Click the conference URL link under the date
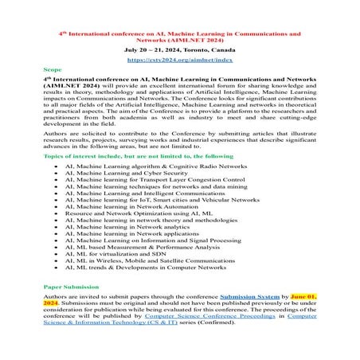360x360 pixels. (x=179, y=60)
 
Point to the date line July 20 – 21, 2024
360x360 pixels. (x=179, y=49)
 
